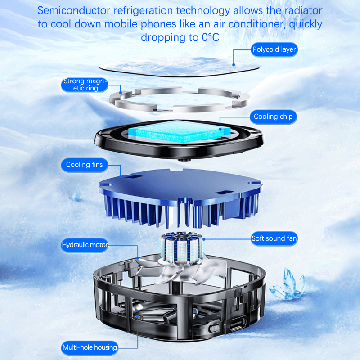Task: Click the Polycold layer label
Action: [x=274, y=49]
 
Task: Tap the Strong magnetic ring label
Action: [x=85, y=85]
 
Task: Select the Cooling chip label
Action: [x=273, y=117]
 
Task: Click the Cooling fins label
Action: [x=85, y=165]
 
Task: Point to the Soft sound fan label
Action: [x=274, y=238]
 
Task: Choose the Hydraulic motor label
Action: [x=85, y=245]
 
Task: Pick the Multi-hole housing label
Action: [x=90, y=347]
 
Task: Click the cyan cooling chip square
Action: [x=179, y=131]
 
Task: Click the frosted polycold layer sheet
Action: [x=180, y=67]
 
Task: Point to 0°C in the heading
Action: [x=211, y=37]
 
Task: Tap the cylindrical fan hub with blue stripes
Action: [x=182, y=247]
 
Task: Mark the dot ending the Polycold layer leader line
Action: [x=234, y=65]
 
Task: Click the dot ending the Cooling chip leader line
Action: [x=220, y=129]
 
